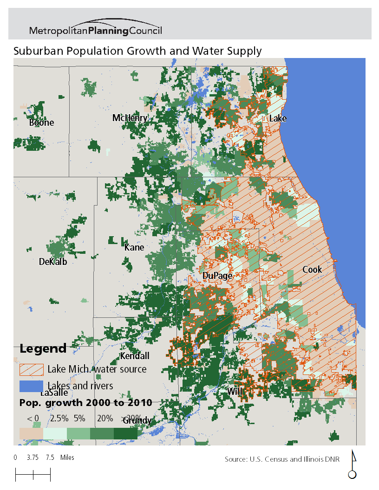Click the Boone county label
[x=41, y=123]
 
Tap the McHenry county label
[x=130, y=118]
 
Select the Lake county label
[x=278, y=119]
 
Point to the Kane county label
[x=134, y=248]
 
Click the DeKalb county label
[x=53, y=262]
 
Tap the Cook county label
[x=312, y=270]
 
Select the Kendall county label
[x=135, y=356]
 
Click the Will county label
[x=235, y=392]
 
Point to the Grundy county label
[x=137, y=421]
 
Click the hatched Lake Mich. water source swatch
[x=31, y=370]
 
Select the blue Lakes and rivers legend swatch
[x=31, y=386]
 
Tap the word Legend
[x=43, y=348]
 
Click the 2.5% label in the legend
[x=59, y=418]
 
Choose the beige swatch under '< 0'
[x=31, y=432]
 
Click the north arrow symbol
[x=353, y=465]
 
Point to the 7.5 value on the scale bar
[x=50, y=458]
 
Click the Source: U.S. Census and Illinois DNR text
[x=282, y=459]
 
